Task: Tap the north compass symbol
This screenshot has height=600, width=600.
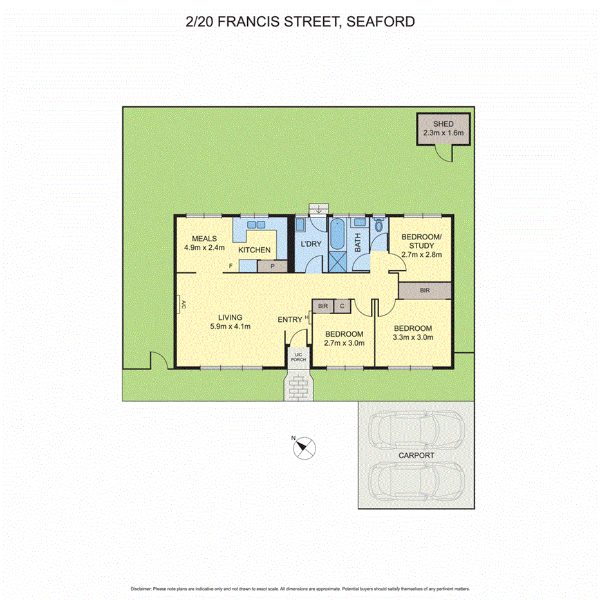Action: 305,447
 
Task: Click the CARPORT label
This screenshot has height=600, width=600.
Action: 417,455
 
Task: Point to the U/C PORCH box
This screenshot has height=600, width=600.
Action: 298,357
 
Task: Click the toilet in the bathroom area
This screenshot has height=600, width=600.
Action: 379,225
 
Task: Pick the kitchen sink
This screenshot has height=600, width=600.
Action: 253,225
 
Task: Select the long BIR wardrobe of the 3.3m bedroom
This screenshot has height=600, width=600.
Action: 424,291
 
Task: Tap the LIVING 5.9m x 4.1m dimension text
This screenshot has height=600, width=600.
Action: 230,326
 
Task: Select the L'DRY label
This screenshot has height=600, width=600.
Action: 312,244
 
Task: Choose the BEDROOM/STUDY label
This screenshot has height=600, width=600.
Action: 422,241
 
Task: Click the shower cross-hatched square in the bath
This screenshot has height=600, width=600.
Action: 338,262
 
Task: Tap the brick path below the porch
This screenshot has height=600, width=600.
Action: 298,386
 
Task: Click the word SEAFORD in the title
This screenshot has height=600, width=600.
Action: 380,22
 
